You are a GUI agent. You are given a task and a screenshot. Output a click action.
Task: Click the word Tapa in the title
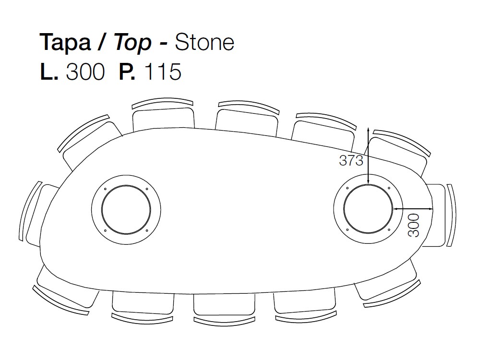pyautogui.click(x=65, y=43)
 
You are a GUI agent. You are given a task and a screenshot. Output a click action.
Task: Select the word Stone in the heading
pyautogui.click(x=204, y=43)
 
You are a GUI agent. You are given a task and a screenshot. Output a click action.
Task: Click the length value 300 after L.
pyautogui.click(x=85, y=72)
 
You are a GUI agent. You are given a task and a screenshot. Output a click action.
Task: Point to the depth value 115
pyautogui.click(x=162, y=72)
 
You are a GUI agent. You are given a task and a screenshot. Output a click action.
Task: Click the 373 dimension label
pyautogui.click(x=351, y=161)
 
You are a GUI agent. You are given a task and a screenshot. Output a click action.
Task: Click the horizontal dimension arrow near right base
pyautogui.click(x=413, y=209)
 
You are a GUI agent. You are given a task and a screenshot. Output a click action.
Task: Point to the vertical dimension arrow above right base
pyautogui.click(x=368, y=156)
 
